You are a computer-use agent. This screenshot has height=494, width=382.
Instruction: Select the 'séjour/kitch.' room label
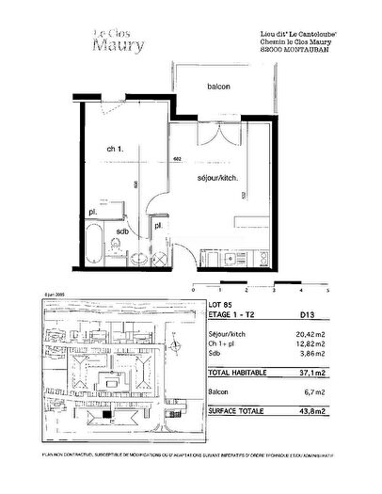tap(217, 178)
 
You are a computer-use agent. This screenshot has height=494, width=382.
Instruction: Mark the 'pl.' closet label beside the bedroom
tap(94, 214)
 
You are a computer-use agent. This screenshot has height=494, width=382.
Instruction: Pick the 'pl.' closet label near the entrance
tap(157, 226)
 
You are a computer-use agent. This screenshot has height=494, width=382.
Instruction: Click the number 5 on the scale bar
tap(352, 292)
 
